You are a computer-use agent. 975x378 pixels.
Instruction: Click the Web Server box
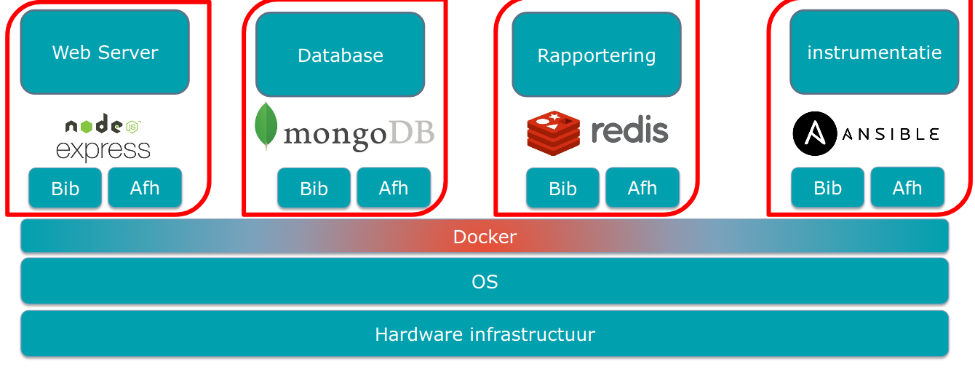coord(105,52)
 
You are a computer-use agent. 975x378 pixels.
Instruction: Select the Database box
coord(340,55)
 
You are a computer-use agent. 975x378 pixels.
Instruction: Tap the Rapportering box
coord(596,55)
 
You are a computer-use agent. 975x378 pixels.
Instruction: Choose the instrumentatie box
coord(874,52)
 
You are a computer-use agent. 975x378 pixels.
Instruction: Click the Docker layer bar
coord(485,237)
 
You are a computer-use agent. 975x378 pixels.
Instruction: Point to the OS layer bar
coord(485,281)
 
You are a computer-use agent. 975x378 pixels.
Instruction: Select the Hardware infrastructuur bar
coord(485,334)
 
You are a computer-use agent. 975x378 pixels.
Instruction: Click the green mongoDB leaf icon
coord(266,126)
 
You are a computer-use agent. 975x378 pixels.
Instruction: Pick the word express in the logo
coord(103,150)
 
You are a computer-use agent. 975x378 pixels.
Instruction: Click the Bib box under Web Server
coord(65,189)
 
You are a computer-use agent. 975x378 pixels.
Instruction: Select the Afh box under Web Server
coord(145,188)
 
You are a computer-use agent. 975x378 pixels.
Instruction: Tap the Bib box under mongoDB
coord(314,189)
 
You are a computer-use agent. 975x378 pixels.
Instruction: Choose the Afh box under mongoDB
coord(394,188)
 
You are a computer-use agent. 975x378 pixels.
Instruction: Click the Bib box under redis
coord(562,189)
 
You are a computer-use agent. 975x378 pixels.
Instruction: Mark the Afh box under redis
coord(642,188)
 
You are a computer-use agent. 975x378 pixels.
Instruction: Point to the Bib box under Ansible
coord(827,189)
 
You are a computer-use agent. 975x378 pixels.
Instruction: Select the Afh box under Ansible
coord(907,188)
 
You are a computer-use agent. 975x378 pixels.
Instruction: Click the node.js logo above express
coord(102,126)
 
